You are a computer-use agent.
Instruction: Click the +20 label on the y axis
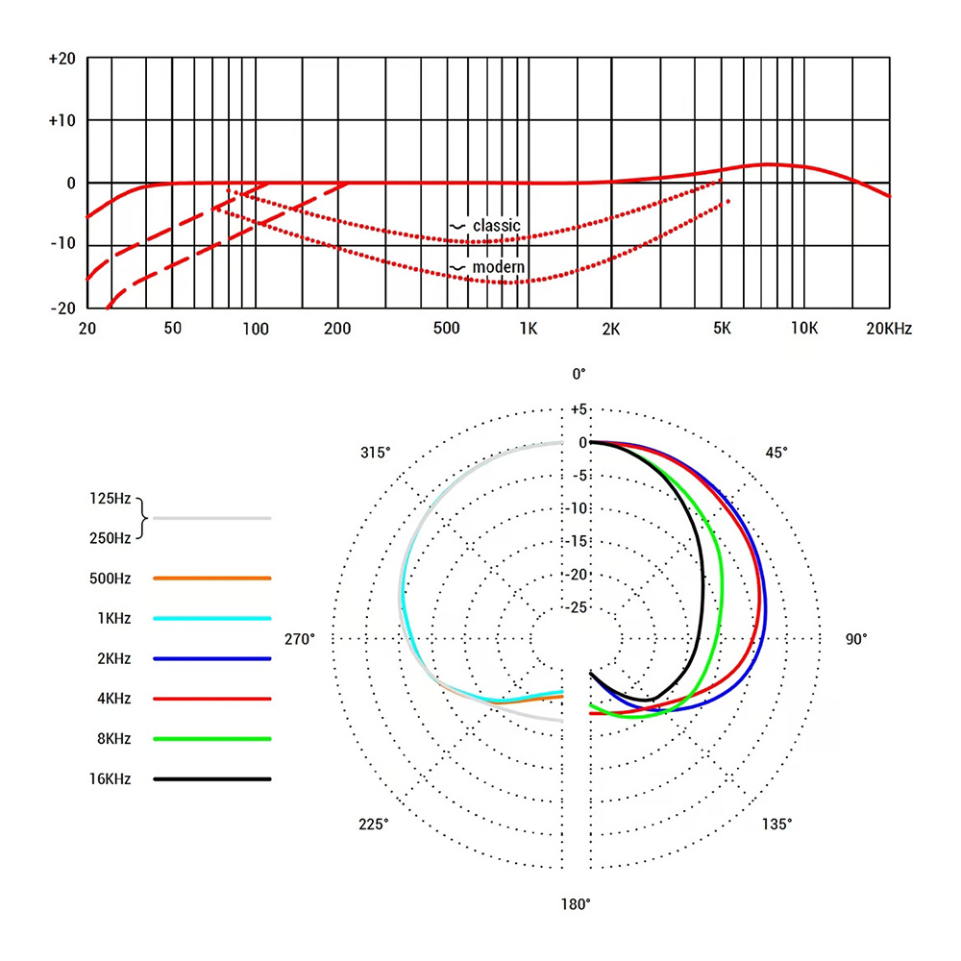pos(62,59)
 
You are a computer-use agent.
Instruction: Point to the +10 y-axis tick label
pos(62,120)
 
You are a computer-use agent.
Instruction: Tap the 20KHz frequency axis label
pos(889,329)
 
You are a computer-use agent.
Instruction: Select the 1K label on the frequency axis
pos(528,329)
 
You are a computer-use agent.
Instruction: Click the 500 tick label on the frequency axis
pos(446,329)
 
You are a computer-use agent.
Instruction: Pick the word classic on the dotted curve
pos(496,226)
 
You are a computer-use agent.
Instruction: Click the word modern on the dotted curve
pos(497,266)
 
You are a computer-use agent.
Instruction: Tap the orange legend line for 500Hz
pos(211,579)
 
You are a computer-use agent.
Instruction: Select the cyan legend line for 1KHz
pos(211,619)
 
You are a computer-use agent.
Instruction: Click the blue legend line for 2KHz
pos(211,658)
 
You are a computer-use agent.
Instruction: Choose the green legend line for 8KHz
pos(211,739)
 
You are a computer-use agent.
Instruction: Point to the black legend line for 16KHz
pos(211,779)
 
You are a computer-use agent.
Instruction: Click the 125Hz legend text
pos(108,499)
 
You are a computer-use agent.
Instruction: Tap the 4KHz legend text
pos(113,699)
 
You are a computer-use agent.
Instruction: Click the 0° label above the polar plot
pos(578,374)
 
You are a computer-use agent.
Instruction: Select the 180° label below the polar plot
pos(577,904)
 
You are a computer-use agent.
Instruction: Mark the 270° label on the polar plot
pos(300,638)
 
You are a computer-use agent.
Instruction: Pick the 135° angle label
pos(776,824)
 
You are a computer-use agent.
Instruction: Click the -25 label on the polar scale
pos(579,607)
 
